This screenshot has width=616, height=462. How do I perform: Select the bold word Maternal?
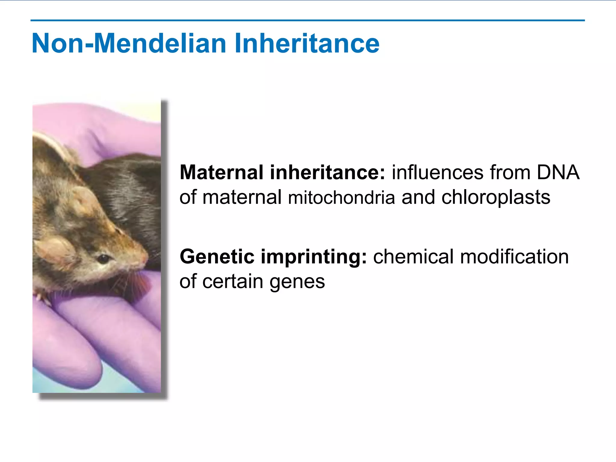(221, 172)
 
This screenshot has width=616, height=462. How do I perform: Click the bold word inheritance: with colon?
(327, 172)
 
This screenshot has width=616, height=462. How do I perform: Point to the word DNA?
(558, 172)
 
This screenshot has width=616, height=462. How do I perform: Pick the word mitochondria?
(341, 198)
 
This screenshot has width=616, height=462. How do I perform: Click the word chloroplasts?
(496, 198)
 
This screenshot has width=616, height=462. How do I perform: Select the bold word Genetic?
(217, 257)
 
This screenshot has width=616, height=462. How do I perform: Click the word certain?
(233, 282)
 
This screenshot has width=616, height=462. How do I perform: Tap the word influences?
(438, 172)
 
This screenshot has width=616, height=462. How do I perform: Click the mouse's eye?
(103, 258)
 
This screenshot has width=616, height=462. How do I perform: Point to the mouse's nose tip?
(146, 258)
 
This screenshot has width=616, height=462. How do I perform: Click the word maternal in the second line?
(242, 198)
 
